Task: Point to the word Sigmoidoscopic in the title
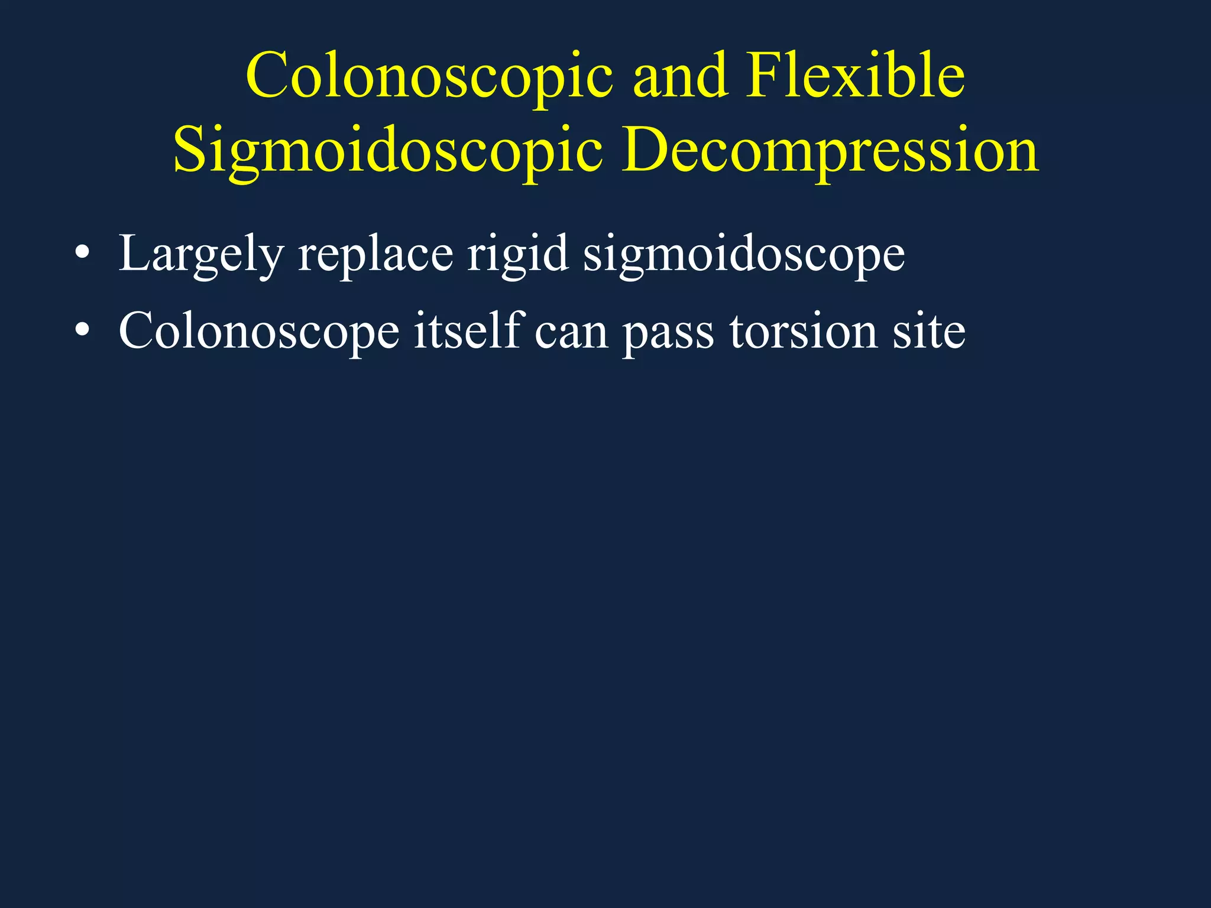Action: point(388,151)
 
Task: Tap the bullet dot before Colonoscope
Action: point(83,332)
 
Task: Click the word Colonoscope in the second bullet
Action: point(259,332)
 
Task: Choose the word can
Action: point(571,332)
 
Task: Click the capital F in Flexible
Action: point(763,76)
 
